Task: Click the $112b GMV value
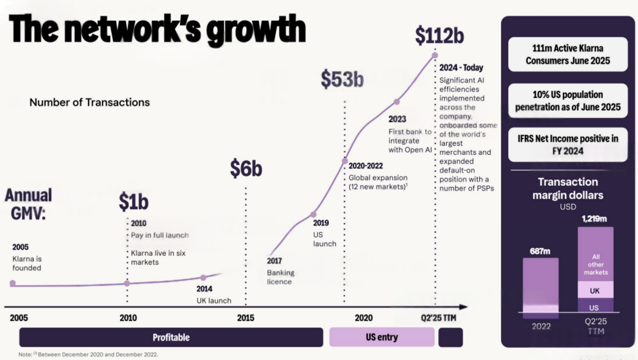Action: pyautogui.click(x=439, y=36)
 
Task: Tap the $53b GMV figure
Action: pyautogui.click(x=342, y=79)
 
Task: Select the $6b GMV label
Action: pyautogui.click(x=246, y=169)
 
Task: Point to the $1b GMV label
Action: pyautogui.click(x=133, y=202)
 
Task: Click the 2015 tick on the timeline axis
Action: pyautogui.click(x=245, y=318)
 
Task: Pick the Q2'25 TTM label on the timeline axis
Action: pyautogui.click(x=438, y=318)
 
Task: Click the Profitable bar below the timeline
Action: pyautogui.click(x=171, y=337)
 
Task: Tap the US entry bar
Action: pyautogui.click(x=381, y=337)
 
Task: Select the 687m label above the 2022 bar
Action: pyautogui.click(x=540, y=251)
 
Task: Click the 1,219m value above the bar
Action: pyautogui.click(x=594, y=219)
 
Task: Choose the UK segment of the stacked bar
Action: pyautogui.click(x=595, y=290)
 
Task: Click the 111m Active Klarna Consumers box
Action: pyautogui.click(x=568, y=54)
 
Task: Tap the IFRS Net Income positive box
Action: pyautogui.click(x=568, y=145)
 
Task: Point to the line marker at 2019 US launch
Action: pyautogui.click(x=313, y=214)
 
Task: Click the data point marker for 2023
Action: pyautogui.click(x=397, y=102)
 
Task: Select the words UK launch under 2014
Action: pyautogui.click(x=214, y=301)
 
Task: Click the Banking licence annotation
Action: pyautogui.click(x=280, y=277)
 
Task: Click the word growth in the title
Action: pyautogui.click(x=256, y=30)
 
